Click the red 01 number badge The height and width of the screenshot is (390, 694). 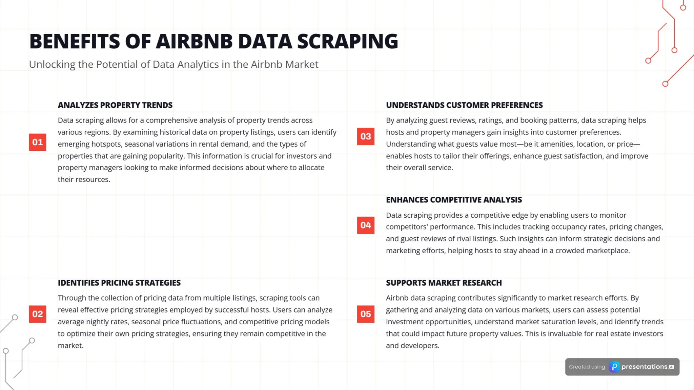click(37, 142)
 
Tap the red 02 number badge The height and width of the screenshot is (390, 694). click(37, 314)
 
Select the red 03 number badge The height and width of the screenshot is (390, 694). click(366, 136)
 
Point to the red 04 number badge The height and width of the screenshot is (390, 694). click(366, 225)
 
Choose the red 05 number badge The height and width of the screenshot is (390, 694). click(366, 314)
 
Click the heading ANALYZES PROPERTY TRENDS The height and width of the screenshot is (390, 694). click(115, 105)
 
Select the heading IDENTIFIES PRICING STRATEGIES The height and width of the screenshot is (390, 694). click(119, 283)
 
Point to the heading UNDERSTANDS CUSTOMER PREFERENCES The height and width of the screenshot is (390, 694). click(464, 105)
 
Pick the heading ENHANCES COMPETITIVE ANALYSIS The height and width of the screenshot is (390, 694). click(454, 200)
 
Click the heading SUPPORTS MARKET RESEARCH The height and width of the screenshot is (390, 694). click(444, 283)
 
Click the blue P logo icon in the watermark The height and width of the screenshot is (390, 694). click(614, 367)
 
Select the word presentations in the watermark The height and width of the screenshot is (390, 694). click(644, 367)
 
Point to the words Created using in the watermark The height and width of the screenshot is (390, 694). click(587, 367)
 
